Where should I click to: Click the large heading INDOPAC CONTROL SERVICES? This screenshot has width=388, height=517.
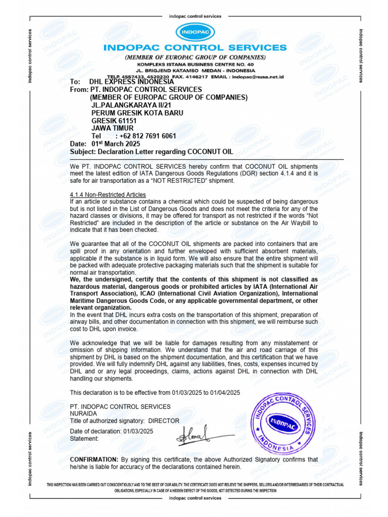point(195,48)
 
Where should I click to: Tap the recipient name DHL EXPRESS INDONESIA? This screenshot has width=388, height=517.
point(131,82)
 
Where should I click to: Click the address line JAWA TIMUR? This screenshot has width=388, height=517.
point(113,129)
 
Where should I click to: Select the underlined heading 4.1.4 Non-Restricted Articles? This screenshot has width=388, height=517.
point(108,195)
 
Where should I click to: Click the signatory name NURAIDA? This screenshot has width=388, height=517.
point(84,413)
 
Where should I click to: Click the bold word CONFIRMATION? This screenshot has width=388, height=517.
point(93,460)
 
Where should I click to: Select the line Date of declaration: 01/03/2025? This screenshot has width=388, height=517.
point(111,431)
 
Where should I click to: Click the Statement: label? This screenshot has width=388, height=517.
point(84,439)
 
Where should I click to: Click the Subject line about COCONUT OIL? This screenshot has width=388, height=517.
point(152,151)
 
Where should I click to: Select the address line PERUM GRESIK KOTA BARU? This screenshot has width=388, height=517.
point(137,113)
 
